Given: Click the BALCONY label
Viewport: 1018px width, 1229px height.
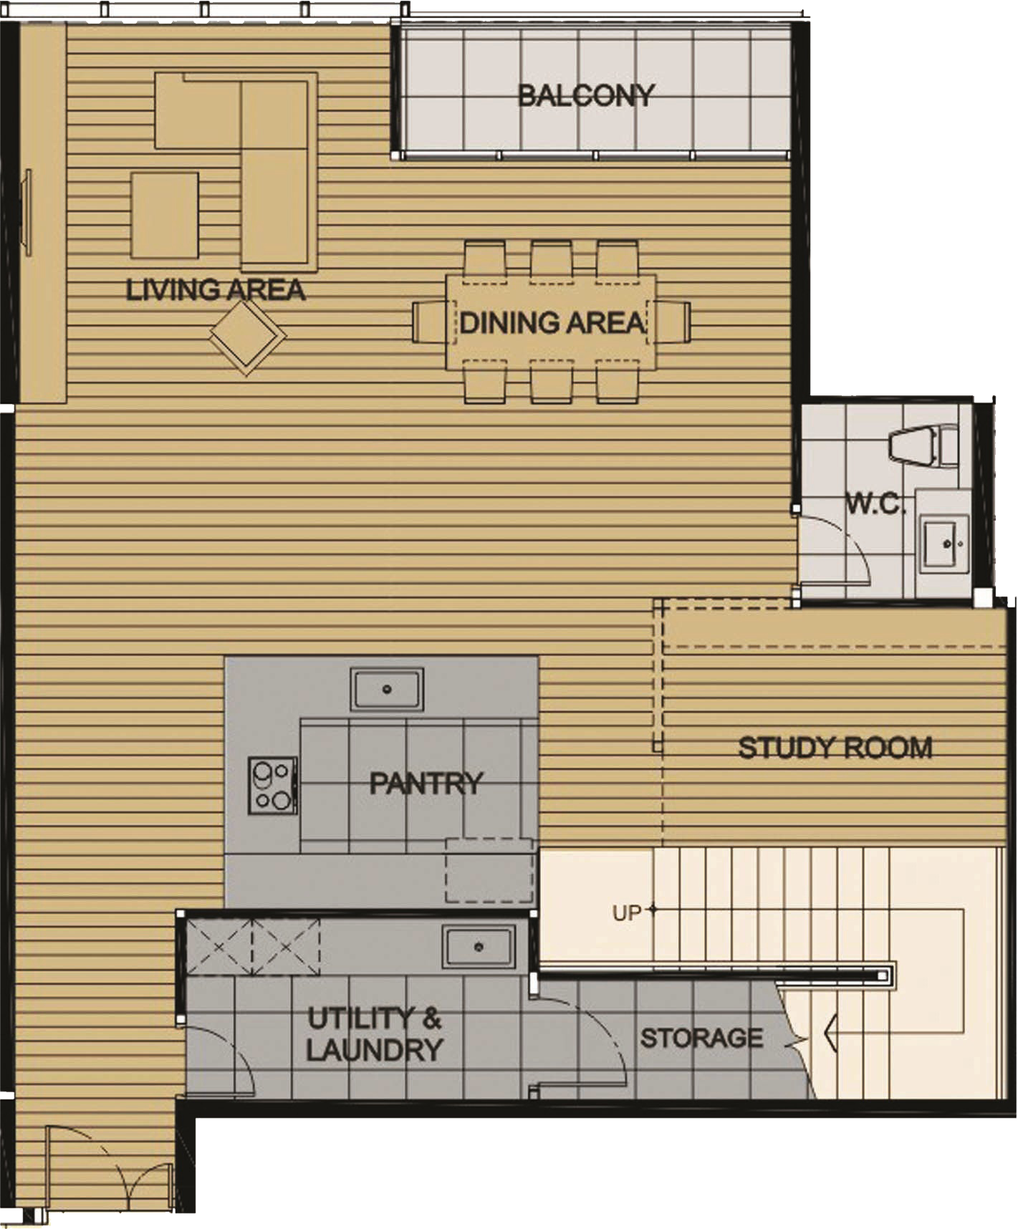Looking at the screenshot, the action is tap(586, 95).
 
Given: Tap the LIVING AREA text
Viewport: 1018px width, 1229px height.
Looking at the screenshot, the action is tap(216, 290).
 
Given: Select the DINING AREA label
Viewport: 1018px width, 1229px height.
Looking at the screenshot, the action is tap(551, 323).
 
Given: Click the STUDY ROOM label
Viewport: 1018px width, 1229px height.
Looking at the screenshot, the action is tap(835, 748).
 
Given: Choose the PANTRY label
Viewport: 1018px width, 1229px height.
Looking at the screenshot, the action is tap(426, 783).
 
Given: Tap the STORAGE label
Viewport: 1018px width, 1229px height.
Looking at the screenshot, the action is tap(701, 1038).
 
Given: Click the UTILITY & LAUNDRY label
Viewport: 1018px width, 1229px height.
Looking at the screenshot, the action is tap(375, 1034).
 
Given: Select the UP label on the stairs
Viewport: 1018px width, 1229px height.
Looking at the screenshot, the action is tap(627, 913).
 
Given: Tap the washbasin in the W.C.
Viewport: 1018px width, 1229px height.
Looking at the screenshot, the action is tap(945, 544).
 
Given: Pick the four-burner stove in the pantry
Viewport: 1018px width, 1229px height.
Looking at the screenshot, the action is tap(272, 786).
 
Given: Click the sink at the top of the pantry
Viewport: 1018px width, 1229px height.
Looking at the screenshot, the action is tap(387, 689).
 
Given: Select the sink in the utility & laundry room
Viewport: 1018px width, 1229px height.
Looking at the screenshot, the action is tap(479, 947).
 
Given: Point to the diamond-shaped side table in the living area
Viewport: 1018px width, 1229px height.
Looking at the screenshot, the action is tap(247, 336).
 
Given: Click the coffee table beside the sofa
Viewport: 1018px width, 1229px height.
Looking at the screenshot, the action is tap(165, 215).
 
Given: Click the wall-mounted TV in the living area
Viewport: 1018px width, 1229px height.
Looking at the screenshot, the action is tap(27, 213).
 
